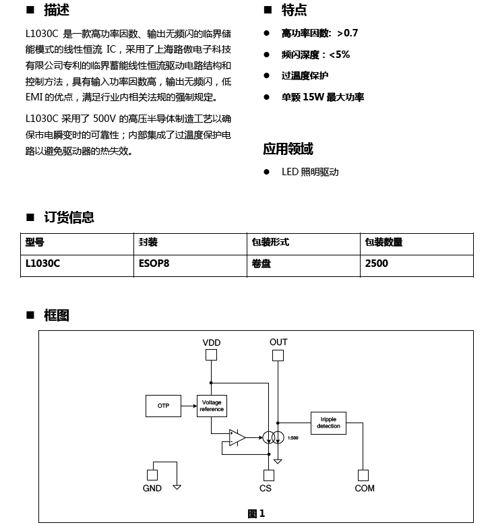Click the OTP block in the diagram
point(163,406)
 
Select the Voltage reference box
point(212,406)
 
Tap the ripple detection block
point(328,423)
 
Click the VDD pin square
point(211,355)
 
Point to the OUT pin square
point(278,355)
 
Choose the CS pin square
point(269,475)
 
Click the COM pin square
point(363,475)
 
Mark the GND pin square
point(152,475)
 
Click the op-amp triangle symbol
point(237,437)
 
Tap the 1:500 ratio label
point(293,438)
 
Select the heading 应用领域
point(288,149)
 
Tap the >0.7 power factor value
point(347,33)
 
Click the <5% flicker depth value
point(339,55)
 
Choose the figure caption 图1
point(256,514)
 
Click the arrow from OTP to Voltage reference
point(189,406)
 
